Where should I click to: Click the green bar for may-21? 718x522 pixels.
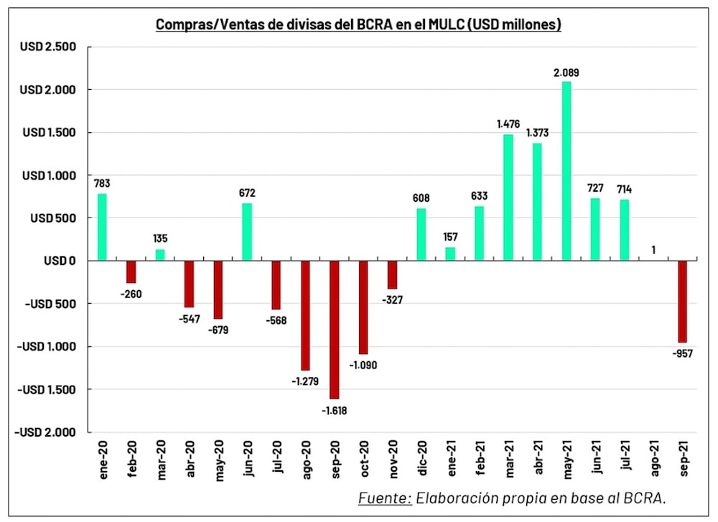point(567,171)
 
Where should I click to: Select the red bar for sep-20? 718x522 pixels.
point(335,330)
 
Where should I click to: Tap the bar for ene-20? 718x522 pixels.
point(101,227)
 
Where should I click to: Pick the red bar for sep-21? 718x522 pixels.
point(682,302)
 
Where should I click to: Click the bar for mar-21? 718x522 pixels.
point(508,197)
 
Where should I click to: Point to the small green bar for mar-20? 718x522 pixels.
point(160,255)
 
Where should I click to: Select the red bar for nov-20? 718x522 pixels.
point(392,275)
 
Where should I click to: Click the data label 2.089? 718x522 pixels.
point(567,73)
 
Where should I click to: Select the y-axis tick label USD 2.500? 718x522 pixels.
point(48,47)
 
